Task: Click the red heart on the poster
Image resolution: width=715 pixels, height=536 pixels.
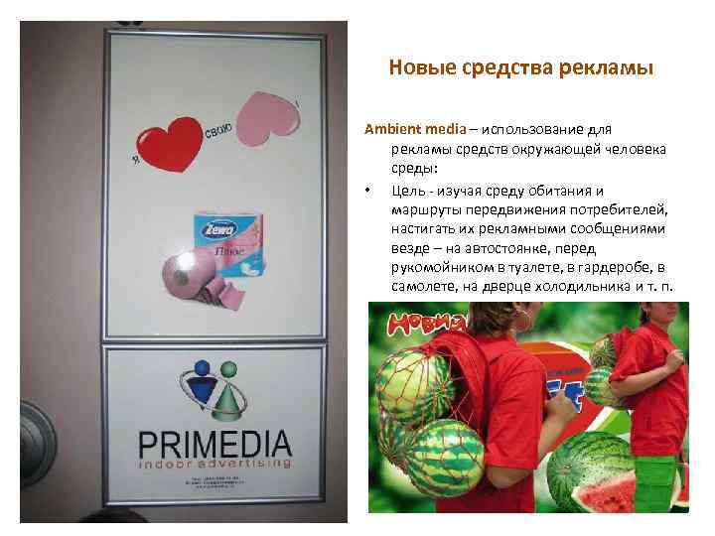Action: tap(169, 146)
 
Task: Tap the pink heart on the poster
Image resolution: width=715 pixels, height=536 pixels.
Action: tap(267, 116)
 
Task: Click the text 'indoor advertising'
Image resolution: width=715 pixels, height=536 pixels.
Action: tap(214, 463)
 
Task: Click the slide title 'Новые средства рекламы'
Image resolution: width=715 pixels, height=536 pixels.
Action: tap(520, 68)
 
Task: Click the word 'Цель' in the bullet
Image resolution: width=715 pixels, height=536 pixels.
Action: tap(408, 191)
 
